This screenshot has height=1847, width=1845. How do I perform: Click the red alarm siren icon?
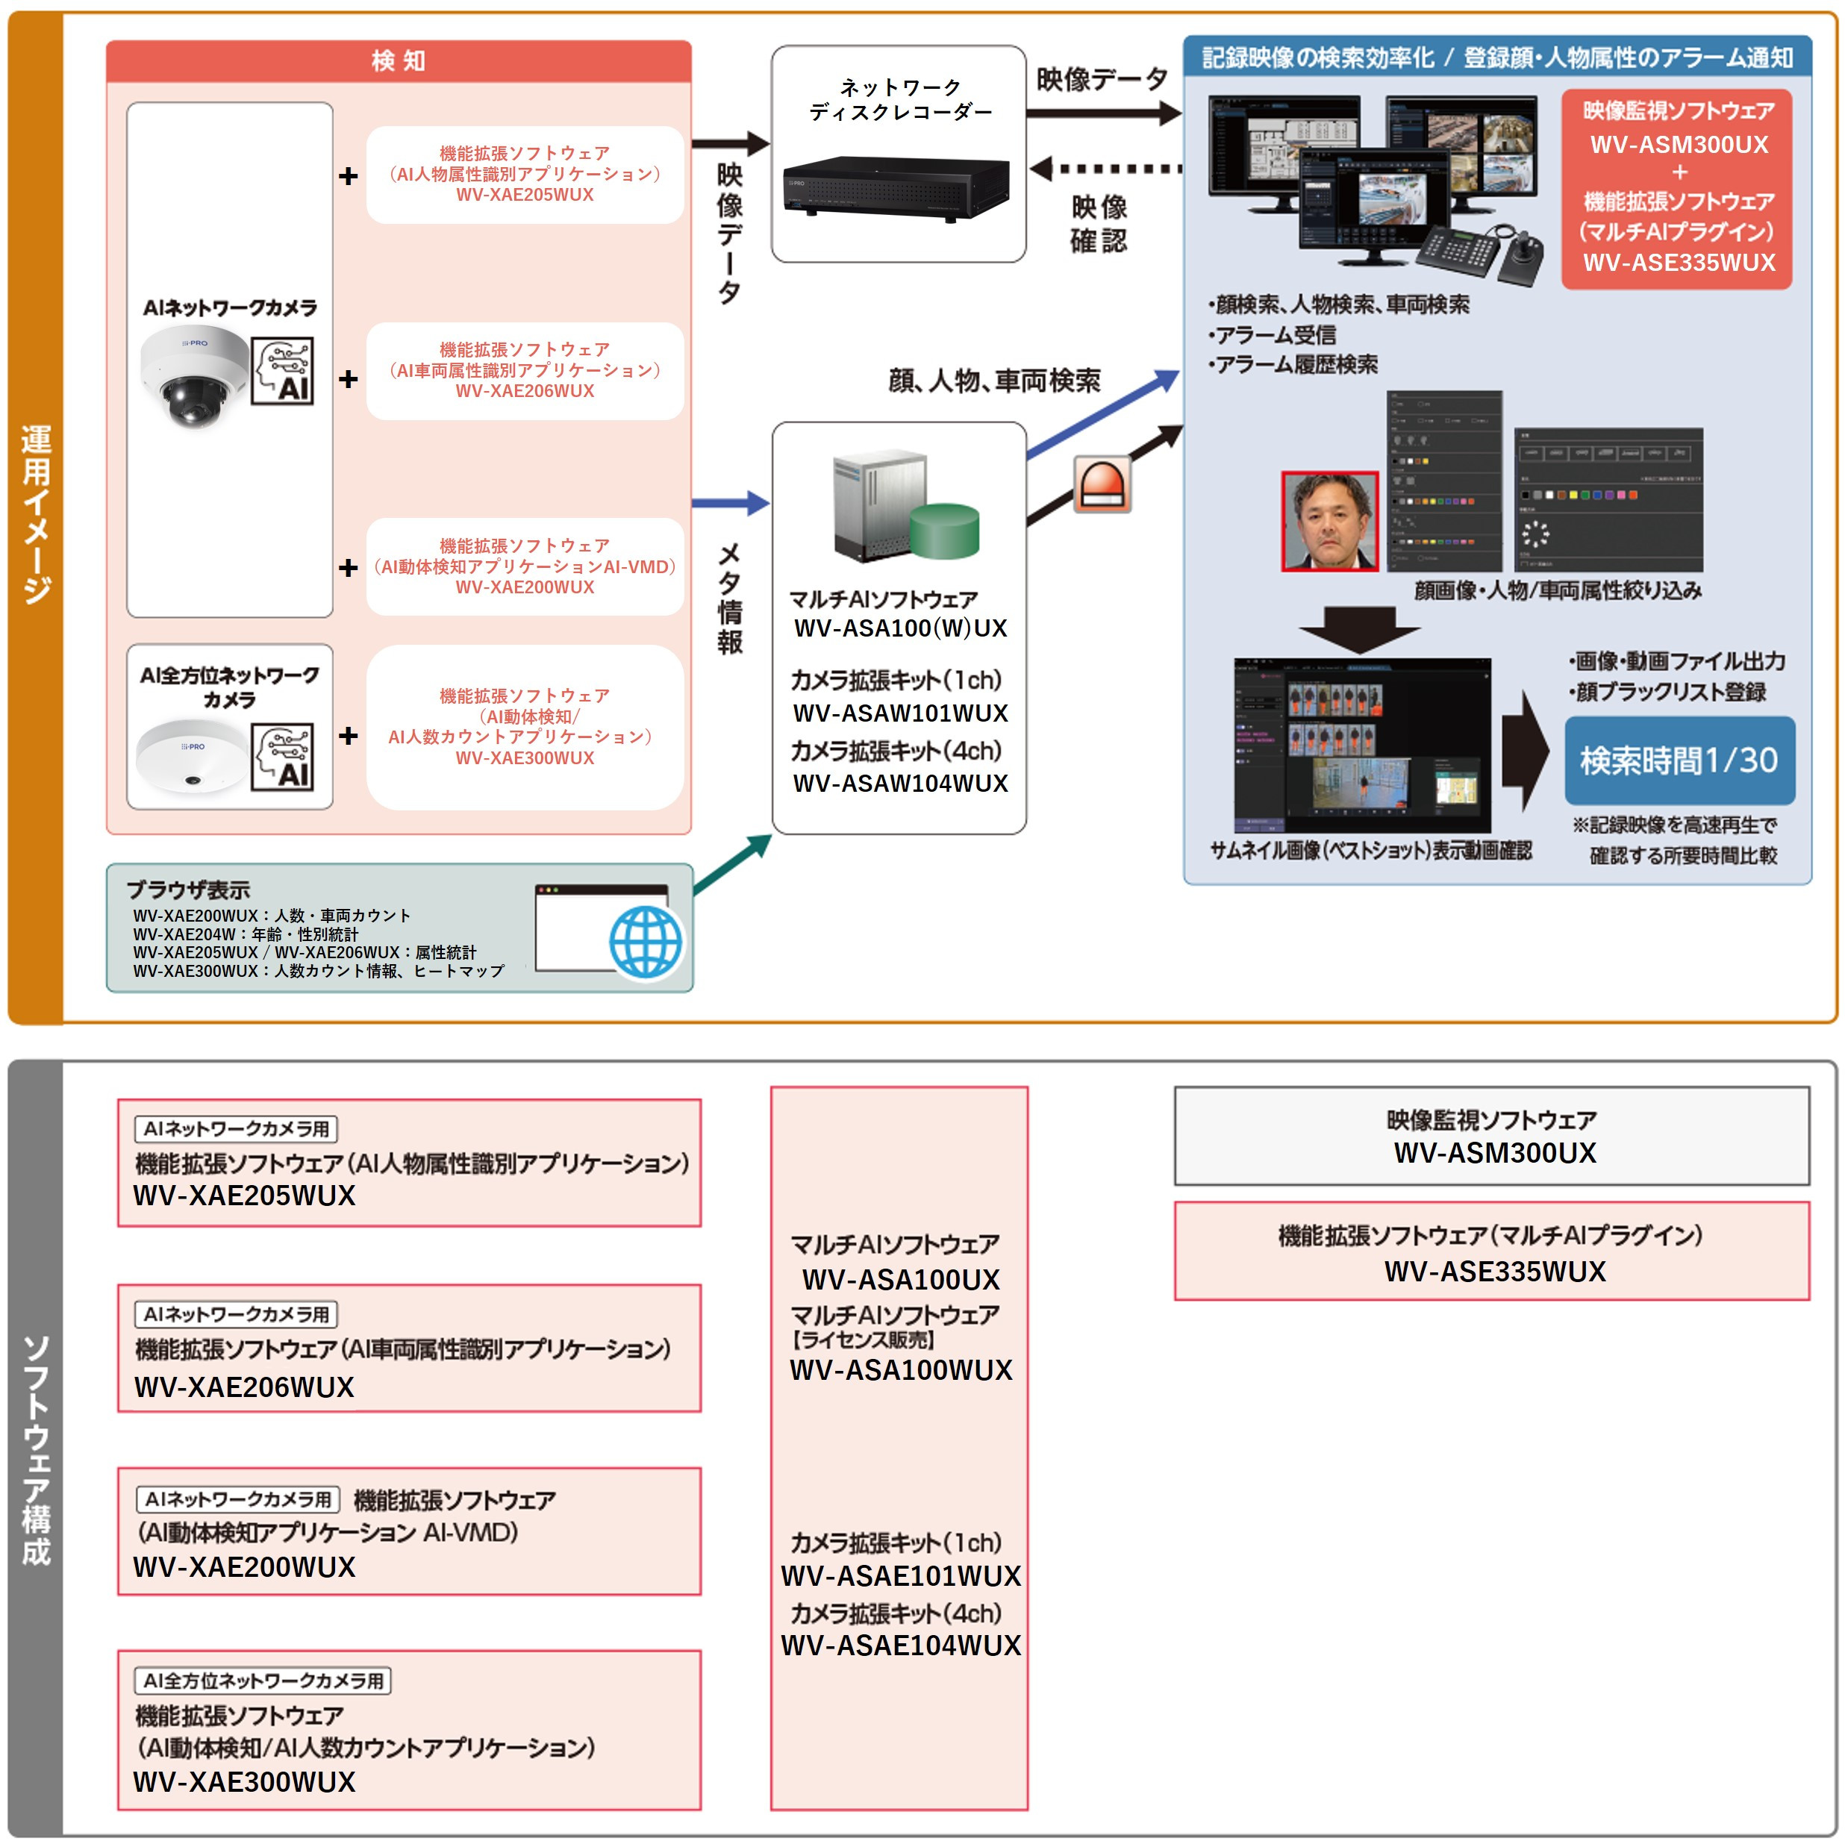[x=1102, y=484]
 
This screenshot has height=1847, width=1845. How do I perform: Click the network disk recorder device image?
[x=896, y=188]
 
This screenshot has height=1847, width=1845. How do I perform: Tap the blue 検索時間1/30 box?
[x=1679, y=761]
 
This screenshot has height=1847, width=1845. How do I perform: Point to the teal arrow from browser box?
[x=732, y=864]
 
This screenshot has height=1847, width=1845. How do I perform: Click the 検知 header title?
[x=399, y=61]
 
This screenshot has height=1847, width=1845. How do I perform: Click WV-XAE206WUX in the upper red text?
[x=525, y=391]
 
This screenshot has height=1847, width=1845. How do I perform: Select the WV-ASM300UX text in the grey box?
[x=1494, y=1153]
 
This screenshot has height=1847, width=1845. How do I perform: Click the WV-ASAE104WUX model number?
[x=901, y=1646]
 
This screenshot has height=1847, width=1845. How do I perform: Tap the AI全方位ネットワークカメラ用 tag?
[x=263, y=1681]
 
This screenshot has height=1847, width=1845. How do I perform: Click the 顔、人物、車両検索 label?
[x=994, y=381]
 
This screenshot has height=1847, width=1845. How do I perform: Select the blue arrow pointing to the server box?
[x=731, y=503]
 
